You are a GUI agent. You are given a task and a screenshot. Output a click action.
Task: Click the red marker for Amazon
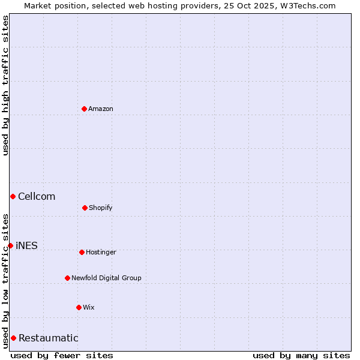[84, 109]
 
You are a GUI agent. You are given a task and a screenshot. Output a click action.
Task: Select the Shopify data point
[85, 208]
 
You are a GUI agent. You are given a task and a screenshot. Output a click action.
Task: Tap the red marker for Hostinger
[82, 252]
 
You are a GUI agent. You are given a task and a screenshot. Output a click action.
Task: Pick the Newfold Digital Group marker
[67, 278]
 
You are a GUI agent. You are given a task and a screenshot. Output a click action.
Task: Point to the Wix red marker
[79, 307]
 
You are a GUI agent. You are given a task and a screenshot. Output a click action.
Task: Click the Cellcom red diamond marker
[13, 196]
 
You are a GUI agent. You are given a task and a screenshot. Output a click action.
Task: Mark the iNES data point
[10, 245]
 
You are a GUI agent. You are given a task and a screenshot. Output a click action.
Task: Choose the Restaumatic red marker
[13, 338]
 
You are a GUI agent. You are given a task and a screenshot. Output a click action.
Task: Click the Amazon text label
[101, 109]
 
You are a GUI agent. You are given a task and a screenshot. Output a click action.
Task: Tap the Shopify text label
[101, 208]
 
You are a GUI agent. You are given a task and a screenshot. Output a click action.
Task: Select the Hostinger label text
[101, 252]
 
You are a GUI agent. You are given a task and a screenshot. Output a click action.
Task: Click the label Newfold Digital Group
[106, 278]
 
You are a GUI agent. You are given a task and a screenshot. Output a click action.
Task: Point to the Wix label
[89, 307]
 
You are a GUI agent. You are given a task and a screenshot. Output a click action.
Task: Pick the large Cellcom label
[37, 196]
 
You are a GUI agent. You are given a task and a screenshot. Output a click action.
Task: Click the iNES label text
[26, 245]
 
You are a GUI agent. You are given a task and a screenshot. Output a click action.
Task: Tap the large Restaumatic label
[49, 338]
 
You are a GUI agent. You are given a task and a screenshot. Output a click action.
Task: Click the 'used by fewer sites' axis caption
[62, 355]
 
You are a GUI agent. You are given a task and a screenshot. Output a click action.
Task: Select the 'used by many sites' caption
[301, 355]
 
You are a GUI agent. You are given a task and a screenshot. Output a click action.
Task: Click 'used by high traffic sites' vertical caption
[5, 85]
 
